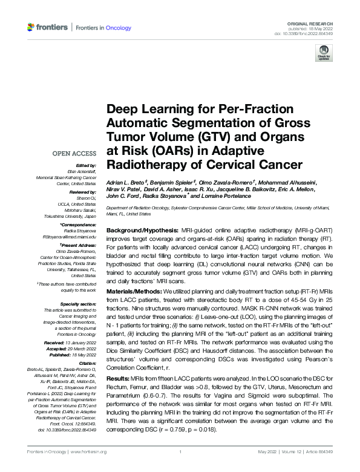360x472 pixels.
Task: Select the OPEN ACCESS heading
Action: pyautogui.click(x=75, y=154)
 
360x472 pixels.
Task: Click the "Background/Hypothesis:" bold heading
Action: pyautogui.click(x=142, y=232)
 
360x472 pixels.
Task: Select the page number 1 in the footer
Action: pyautogui.click(x=181, y=451)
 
